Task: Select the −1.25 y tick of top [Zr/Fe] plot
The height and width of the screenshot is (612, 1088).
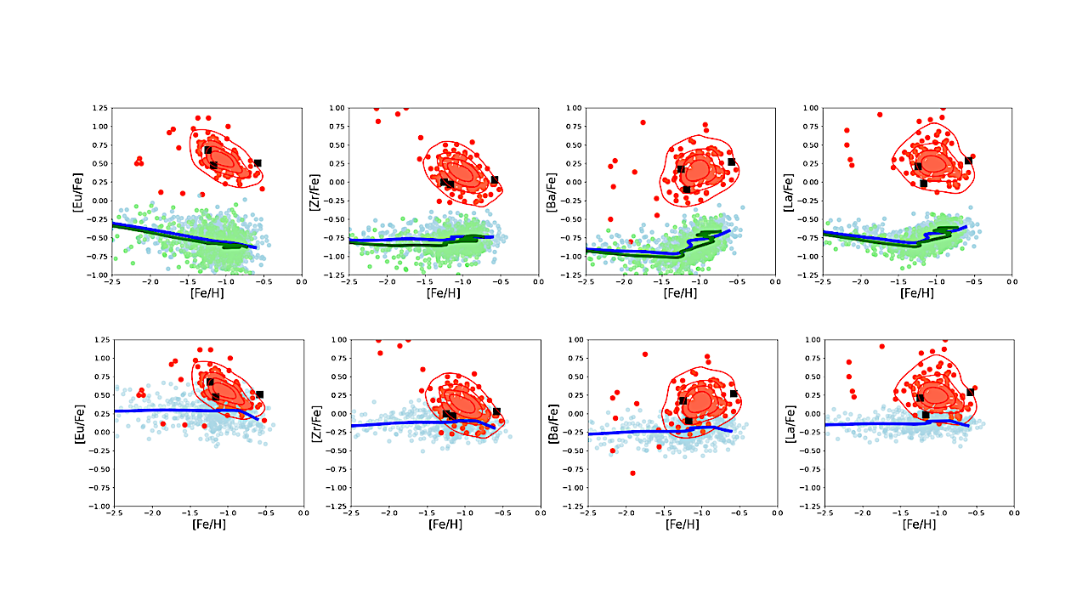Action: [335, 275]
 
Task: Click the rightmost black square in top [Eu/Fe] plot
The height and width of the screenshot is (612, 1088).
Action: [258, 162]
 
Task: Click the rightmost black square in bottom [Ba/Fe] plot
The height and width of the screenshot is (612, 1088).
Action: [734, 394]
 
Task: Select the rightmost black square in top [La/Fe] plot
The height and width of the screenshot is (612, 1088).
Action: [968, 161]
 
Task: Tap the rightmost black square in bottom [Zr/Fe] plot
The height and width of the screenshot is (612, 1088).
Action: [496, 411]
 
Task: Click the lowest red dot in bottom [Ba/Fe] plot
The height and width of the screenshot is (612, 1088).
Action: [632, 473]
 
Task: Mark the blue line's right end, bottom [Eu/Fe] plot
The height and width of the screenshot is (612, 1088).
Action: [258, 419]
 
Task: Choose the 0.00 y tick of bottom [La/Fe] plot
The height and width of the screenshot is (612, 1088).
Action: [810, 414]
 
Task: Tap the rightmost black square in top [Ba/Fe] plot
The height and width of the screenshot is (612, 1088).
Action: [731, 161]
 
